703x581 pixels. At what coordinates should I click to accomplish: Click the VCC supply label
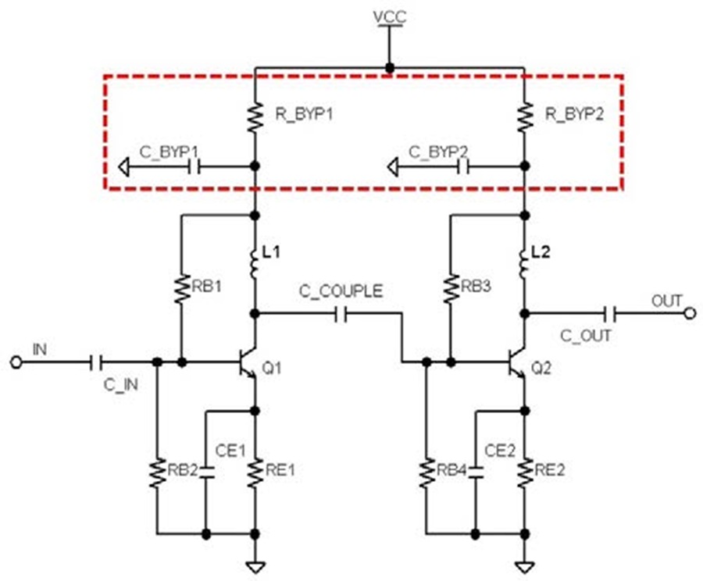pos(390,16)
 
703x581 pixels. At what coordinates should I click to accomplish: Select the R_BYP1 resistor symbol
pos(255,117)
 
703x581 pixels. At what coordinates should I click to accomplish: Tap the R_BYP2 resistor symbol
pos(525,117)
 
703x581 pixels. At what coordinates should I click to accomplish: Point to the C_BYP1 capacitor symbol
pos(193,167)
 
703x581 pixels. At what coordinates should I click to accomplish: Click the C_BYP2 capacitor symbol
pos(462,167)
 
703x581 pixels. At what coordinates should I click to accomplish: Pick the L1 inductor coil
pos(254,264)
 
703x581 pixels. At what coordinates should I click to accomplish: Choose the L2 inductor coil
pos(523,264)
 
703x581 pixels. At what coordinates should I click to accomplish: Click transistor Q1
pos(247,362)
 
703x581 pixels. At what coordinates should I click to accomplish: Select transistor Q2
pos(516,362)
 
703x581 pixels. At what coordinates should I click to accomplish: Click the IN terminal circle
pos(16,362)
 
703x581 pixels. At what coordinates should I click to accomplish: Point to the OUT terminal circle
pos(691,313)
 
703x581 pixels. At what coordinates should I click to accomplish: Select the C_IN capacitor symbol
pos(96,362)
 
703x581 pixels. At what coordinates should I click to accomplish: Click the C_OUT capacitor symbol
pos(610,314)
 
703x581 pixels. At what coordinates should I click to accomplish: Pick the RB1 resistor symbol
pos(181,289)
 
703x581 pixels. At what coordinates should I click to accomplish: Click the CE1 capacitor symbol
pos(206,472)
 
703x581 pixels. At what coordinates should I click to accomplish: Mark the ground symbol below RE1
pos(255,568)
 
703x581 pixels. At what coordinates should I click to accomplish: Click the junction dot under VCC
pos(390,68)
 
